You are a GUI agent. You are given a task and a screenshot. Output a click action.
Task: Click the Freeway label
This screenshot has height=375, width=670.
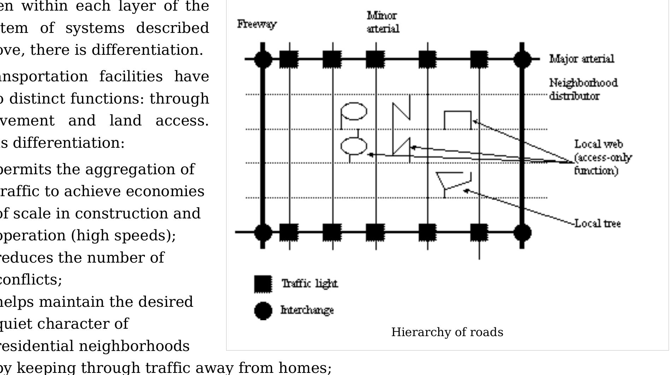click(257, 24)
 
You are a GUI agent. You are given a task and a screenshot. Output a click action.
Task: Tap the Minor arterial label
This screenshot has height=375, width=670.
click(383, 22)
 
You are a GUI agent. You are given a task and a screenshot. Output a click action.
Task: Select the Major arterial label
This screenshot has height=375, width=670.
click(582, 59)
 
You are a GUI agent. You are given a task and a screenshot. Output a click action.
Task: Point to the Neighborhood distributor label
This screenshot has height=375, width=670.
click(583, 89)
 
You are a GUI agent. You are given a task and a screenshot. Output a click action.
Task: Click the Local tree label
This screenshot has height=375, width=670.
click(597, 223)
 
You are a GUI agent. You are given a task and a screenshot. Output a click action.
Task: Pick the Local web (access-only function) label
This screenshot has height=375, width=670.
click(602, 157)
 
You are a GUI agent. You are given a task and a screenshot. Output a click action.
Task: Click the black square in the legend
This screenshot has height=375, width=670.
click(263, 284)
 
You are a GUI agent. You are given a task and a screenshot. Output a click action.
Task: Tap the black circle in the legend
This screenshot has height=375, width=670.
click(263, 311)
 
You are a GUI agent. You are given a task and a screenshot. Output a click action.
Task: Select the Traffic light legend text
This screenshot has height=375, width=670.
click(310, 283)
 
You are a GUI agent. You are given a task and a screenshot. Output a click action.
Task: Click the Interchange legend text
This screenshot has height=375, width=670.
click(307, 310)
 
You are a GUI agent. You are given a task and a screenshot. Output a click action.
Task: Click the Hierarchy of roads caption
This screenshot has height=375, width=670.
click(447, 332)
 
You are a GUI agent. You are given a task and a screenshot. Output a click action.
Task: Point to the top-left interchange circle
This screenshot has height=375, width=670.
click(263, 59)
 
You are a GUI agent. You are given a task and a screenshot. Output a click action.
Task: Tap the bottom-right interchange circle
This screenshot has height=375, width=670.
click(522, 233)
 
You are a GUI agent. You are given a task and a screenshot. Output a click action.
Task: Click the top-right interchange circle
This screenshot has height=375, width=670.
click(522, 59)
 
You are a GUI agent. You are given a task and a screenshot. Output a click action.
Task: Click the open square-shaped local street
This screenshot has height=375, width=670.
click(458, 120)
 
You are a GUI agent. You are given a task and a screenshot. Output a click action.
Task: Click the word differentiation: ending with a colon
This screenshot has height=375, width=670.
click(69, 143)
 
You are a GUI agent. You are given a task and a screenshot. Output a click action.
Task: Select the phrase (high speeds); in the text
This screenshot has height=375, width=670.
click(123, 235)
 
